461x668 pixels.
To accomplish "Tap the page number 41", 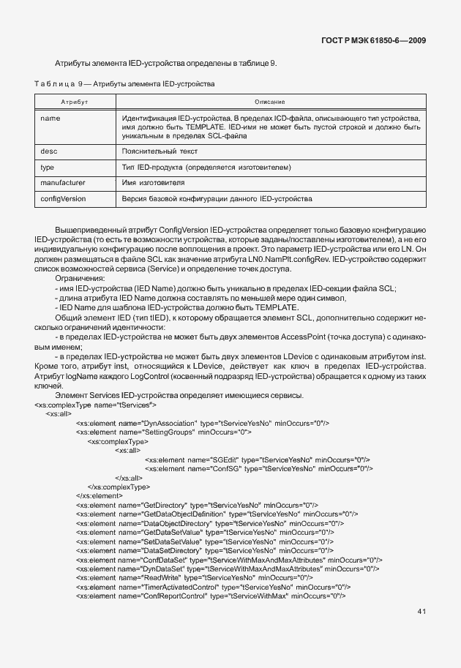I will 421,611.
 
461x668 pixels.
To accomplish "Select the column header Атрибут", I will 74,101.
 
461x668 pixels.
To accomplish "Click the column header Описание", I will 269,101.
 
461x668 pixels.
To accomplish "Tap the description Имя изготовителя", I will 153,182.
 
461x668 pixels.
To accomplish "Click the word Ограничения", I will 80,279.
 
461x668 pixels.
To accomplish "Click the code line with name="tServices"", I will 96,404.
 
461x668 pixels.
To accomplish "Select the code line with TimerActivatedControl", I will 213,587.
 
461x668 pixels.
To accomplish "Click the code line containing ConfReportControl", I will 210,596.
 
